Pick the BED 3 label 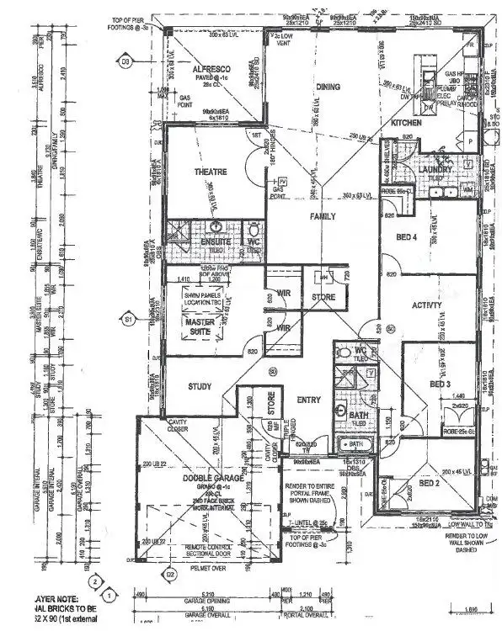(441, 384)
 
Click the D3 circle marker (126, 62)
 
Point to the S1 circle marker (128, 320)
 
